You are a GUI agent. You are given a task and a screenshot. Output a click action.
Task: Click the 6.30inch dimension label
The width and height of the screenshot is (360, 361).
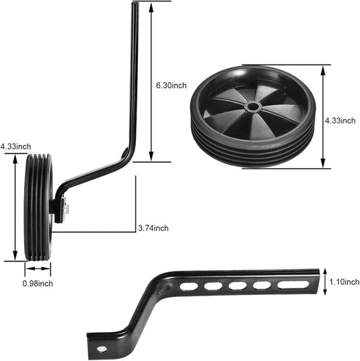click(x=172, y=86)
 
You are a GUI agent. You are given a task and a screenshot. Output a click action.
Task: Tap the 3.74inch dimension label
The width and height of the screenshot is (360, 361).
click(x=153, y=228)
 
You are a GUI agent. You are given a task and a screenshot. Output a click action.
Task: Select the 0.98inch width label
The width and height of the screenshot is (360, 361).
click(x=38, y=284)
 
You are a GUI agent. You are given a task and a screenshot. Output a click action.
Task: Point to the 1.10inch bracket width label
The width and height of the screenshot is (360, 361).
click(x=345, y=282)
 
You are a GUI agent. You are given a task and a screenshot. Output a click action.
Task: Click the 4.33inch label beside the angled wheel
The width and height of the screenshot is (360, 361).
click(x=340, y=121)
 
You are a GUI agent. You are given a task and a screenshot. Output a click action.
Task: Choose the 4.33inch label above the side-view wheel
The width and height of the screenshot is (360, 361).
click(x=15, y=146)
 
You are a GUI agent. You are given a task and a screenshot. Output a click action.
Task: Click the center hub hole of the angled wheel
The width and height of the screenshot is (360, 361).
click(x=253, y=107)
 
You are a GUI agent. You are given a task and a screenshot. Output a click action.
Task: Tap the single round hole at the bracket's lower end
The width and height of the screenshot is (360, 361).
click(x=102, y=349)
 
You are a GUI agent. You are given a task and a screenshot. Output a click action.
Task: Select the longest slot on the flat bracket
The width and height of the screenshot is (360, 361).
click(x=293, y=285)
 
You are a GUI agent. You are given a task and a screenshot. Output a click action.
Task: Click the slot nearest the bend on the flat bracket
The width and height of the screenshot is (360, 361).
click(x=189, y=287)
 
